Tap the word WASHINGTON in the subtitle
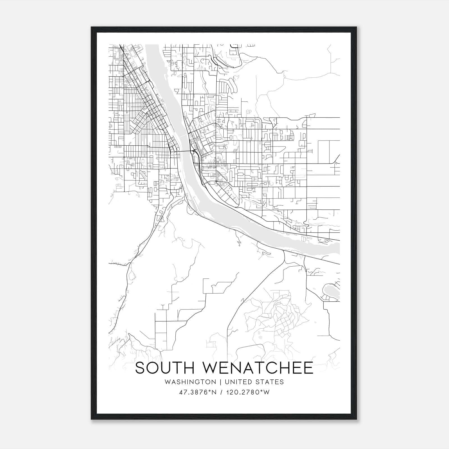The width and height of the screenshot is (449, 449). [x=190, y=382]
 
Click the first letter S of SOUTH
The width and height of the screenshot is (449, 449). [x=140, y=368]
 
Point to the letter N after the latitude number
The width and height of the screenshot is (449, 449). [x=214, y=392]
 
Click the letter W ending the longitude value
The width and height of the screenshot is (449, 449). [x=267, y=392]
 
